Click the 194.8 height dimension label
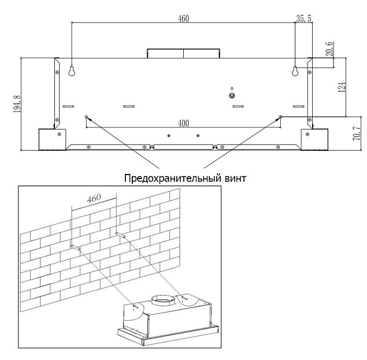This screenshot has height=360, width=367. [17, 103]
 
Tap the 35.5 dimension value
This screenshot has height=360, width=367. [304, 18]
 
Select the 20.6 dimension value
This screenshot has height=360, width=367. [329, 49]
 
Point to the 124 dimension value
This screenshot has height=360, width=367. [342, 87]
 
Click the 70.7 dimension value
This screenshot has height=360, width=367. [356, 133]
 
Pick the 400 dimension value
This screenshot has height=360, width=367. [183, 123]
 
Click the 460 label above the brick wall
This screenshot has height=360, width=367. [94, 199]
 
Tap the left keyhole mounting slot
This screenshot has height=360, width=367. [72, 71]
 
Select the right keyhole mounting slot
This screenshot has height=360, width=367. [295, 71]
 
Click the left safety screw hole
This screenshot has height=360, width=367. [86, 117]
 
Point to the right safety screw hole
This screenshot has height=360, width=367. [281, 116]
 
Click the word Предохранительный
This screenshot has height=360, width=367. [172, 179]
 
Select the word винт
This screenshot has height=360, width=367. [235, 179]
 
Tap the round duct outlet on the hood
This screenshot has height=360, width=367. [163, 300]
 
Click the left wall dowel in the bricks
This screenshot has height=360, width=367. [75, 247]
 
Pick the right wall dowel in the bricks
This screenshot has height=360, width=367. [120, 235]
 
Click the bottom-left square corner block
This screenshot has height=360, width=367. [52, 139]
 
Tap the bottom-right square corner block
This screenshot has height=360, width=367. [314, 139]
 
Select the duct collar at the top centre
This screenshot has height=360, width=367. [183, 53]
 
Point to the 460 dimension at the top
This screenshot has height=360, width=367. [183, 18]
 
